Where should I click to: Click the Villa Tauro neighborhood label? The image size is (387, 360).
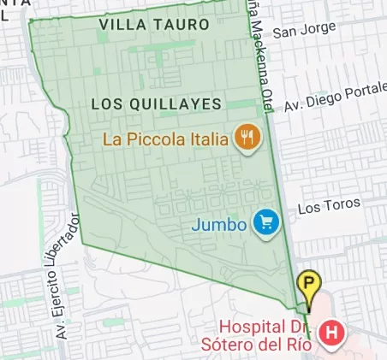[153, 25]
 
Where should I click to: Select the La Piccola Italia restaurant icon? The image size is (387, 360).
[247, 137]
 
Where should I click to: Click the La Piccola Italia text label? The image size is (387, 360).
[164, 138]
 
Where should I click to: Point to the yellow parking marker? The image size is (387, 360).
[308, 284]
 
